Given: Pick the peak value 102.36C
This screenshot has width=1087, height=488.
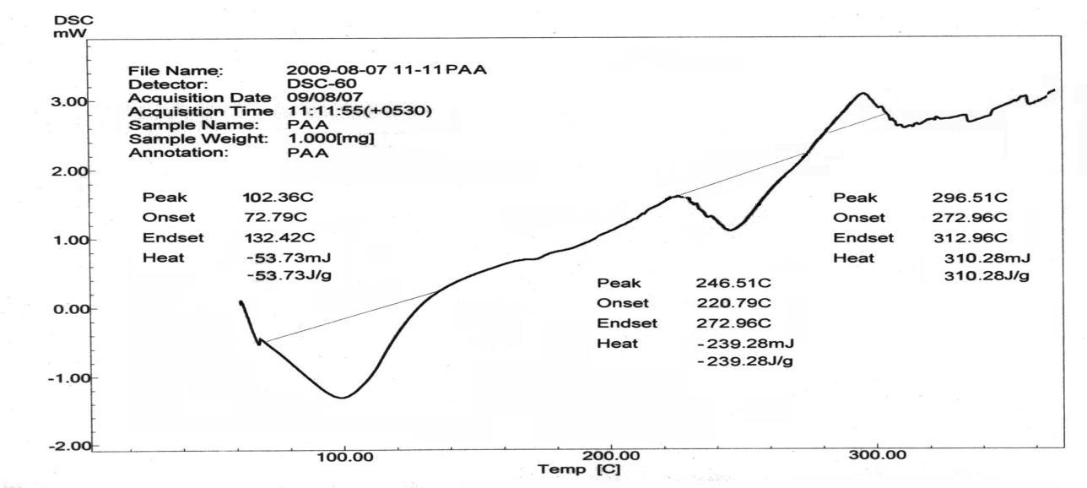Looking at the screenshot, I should point(271,198).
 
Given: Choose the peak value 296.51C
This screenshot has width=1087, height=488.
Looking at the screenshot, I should point(969,198).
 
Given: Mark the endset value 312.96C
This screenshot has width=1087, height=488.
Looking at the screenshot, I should point(969,237).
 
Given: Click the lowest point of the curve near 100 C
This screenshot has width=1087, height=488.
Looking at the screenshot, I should point(342,397).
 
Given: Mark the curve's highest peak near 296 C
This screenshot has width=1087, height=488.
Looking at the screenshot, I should point(863,93).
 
